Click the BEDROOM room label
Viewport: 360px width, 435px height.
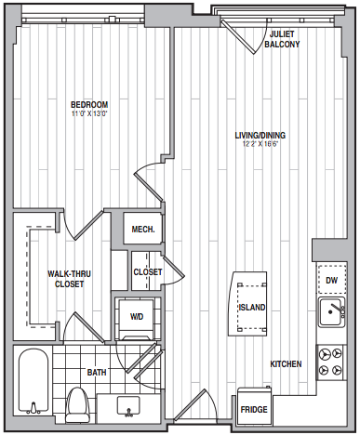[89, 104]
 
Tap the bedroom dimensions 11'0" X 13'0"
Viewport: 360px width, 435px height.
[89, 113]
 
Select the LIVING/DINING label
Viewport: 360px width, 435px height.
[260, 136]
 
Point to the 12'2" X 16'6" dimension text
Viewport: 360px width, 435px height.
[260, 144]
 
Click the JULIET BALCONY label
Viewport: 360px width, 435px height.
[282, 39]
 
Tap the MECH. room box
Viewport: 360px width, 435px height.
[142, 229]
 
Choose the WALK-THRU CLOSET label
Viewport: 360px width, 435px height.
[69, 279]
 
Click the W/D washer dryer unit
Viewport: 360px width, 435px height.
[137, 319]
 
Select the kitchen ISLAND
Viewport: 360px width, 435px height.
[247, 304]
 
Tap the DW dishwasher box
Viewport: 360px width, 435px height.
[331, 280]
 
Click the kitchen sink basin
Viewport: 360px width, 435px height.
[332, 311]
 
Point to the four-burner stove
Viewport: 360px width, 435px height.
[330, 362]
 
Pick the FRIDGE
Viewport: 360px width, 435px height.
[254, 406]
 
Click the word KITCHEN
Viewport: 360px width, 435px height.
[286, 363]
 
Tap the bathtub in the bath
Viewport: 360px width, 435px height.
[33, 382]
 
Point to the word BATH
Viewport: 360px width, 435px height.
[97, 372]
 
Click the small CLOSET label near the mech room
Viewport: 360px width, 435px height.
[148, 272]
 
